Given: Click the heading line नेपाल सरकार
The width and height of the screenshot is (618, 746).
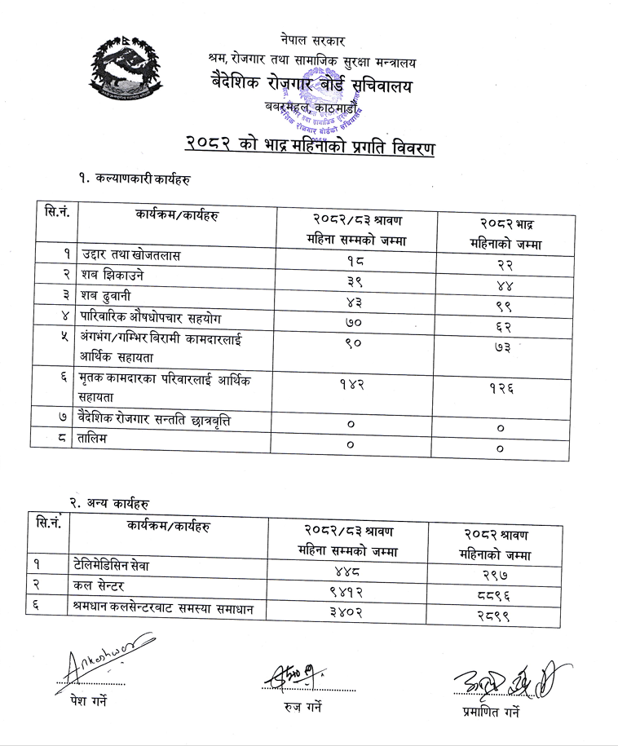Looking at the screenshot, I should click(x=311, y=39).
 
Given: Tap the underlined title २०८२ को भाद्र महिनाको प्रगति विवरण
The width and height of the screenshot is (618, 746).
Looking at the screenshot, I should click(x=309, y=148).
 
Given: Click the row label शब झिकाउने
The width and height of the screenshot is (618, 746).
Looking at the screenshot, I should click(x=113, y=276).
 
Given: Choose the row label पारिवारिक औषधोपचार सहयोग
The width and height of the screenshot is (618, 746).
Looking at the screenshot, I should click(x=151, y=317).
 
